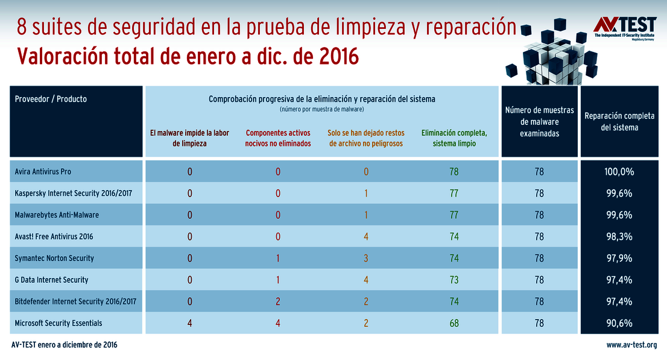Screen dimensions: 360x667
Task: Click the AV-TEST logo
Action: click(624, 27)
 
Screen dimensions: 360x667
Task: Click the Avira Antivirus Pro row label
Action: click(43, 172)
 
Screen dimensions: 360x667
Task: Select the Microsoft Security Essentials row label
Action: click(58, 323)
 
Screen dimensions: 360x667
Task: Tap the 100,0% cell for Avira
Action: click(618, 172)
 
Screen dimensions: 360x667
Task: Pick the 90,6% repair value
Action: click(618, 323)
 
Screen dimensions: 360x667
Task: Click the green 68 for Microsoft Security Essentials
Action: click(454, 323)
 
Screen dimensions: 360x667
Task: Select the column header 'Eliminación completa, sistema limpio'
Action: click(454, 138)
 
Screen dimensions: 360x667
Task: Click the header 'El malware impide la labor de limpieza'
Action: click(189, 138)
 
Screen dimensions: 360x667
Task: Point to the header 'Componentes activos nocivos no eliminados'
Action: click(278, 138)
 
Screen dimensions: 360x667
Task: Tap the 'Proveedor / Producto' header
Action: click(51, 99)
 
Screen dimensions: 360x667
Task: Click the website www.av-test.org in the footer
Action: click(631, 346)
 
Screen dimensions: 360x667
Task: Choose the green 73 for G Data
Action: click(454, 280)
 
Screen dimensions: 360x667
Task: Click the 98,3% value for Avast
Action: click(618, 237)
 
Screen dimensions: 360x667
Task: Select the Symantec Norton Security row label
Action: click(54, 258)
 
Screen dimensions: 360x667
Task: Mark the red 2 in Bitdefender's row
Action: click(278, 302)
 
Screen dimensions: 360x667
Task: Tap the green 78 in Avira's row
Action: click(454, 172)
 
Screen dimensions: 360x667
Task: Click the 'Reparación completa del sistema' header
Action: click(618, 121)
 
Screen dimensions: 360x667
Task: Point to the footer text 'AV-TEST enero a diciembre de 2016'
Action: click(65, 346)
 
